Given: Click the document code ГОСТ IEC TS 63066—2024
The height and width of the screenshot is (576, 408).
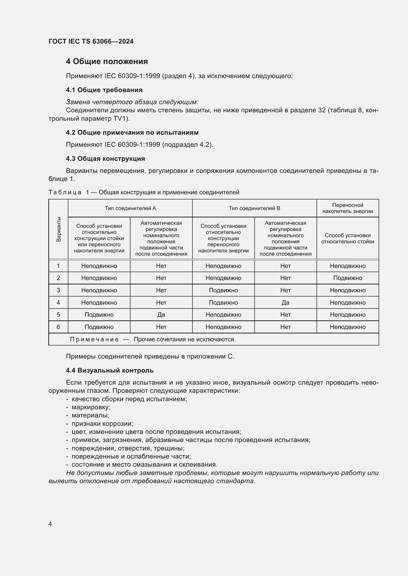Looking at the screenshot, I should pyautogui.click(x=91, y=41).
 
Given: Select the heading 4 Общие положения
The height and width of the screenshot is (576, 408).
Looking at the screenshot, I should pyautogui.click(x=107, y=62).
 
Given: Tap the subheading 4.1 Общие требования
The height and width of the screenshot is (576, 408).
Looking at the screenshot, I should pyautogui.click(x=104, y=90).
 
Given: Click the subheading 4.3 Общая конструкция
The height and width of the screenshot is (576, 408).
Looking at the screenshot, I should pyautogui.click(x=105, y=159).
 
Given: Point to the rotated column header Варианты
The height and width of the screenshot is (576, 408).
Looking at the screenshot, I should pyautogui.click(x=58, y=229).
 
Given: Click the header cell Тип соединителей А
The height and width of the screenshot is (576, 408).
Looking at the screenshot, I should pyautogui.click(x=130, y=208).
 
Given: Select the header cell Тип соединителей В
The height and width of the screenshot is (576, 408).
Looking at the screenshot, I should pyautogui.click(x=254, y=208).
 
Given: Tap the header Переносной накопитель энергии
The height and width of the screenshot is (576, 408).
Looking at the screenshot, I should pyautogui.click(x=348, y=208).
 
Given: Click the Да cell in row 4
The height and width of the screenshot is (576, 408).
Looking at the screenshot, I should pyautogui.click(x=285, y=303).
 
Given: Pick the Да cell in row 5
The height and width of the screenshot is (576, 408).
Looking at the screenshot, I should pyautogui.click(x=161, y=314).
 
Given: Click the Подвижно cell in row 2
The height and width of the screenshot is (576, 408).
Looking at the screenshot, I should pyautogui.click(x=348, y=278).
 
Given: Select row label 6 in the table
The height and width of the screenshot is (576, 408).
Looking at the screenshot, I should pyautogui.click(x=58, y=327).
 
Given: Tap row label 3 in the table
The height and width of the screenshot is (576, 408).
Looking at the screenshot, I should pyautogui.click(x=58, y=290).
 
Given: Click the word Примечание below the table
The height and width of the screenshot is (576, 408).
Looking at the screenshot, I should pyautogui.click(x=94, y=339).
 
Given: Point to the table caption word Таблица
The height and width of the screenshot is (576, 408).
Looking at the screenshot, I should pyautogui.click(x=65, y=192).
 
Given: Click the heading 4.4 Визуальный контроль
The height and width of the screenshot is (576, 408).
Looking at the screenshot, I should pyautogui.click(x=110, y=371).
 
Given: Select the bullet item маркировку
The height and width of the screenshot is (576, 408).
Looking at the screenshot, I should pyautogui.click(x=91, y=407).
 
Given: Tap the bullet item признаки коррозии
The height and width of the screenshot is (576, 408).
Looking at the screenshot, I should pyautogui.click(x=102, y=424).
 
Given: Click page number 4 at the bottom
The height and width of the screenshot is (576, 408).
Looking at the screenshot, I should pyautogui.click(x=50, y=524).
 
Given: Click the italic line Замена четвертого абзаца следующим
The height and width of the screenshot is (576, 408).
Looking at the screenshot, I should pyautogui.click(x=132, y=102).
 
